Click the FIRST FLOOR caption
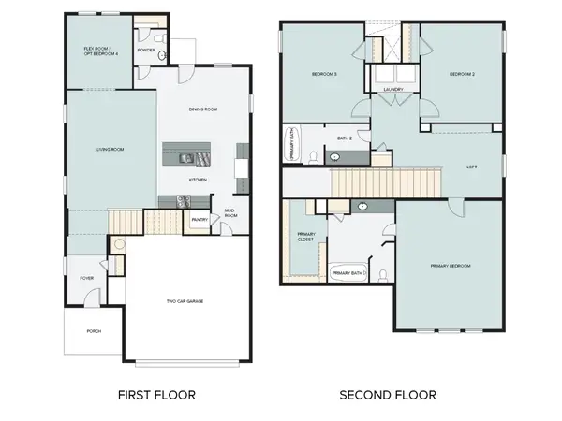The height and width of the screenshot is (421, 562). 156,395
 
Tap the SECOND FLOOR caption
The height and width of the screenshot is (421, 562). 387,395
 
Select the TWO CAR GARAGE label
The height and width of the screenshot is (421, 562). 185,301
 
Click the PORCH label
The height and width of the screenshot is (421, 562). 94,331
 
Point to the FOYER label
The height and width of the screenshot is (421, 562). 86,278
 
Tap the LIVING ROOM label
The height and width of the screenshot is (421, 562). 111,149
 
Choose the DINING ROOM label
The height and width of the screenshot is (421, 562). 203,109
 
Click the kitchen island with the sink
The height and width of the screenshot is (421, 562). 193,154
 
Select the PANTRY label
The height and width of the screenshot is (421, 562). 199,221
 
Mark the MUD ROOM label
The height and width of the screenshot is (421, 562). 229,213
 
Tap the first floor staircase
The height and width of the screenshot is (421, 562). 126,223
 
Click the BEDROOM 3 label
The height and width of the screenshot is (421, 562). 324,74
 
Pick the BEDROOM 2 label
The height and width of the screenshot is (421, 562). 463,74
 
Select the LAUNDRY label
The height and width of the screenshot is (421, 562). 394,90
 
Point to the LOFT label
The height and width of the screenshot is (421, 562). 472,168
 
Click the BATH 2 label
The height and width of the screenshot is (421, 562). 344,138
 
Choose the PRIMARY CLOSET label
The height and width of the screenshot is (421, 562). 306,237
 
